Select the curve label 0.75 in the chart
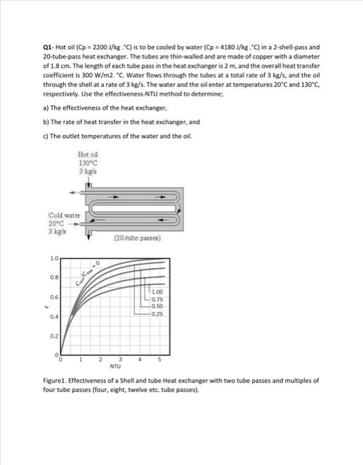pos(158,300)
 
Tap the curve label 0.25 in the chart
pos(158,314)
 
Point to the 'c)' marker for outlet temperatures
pos(44,137)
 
